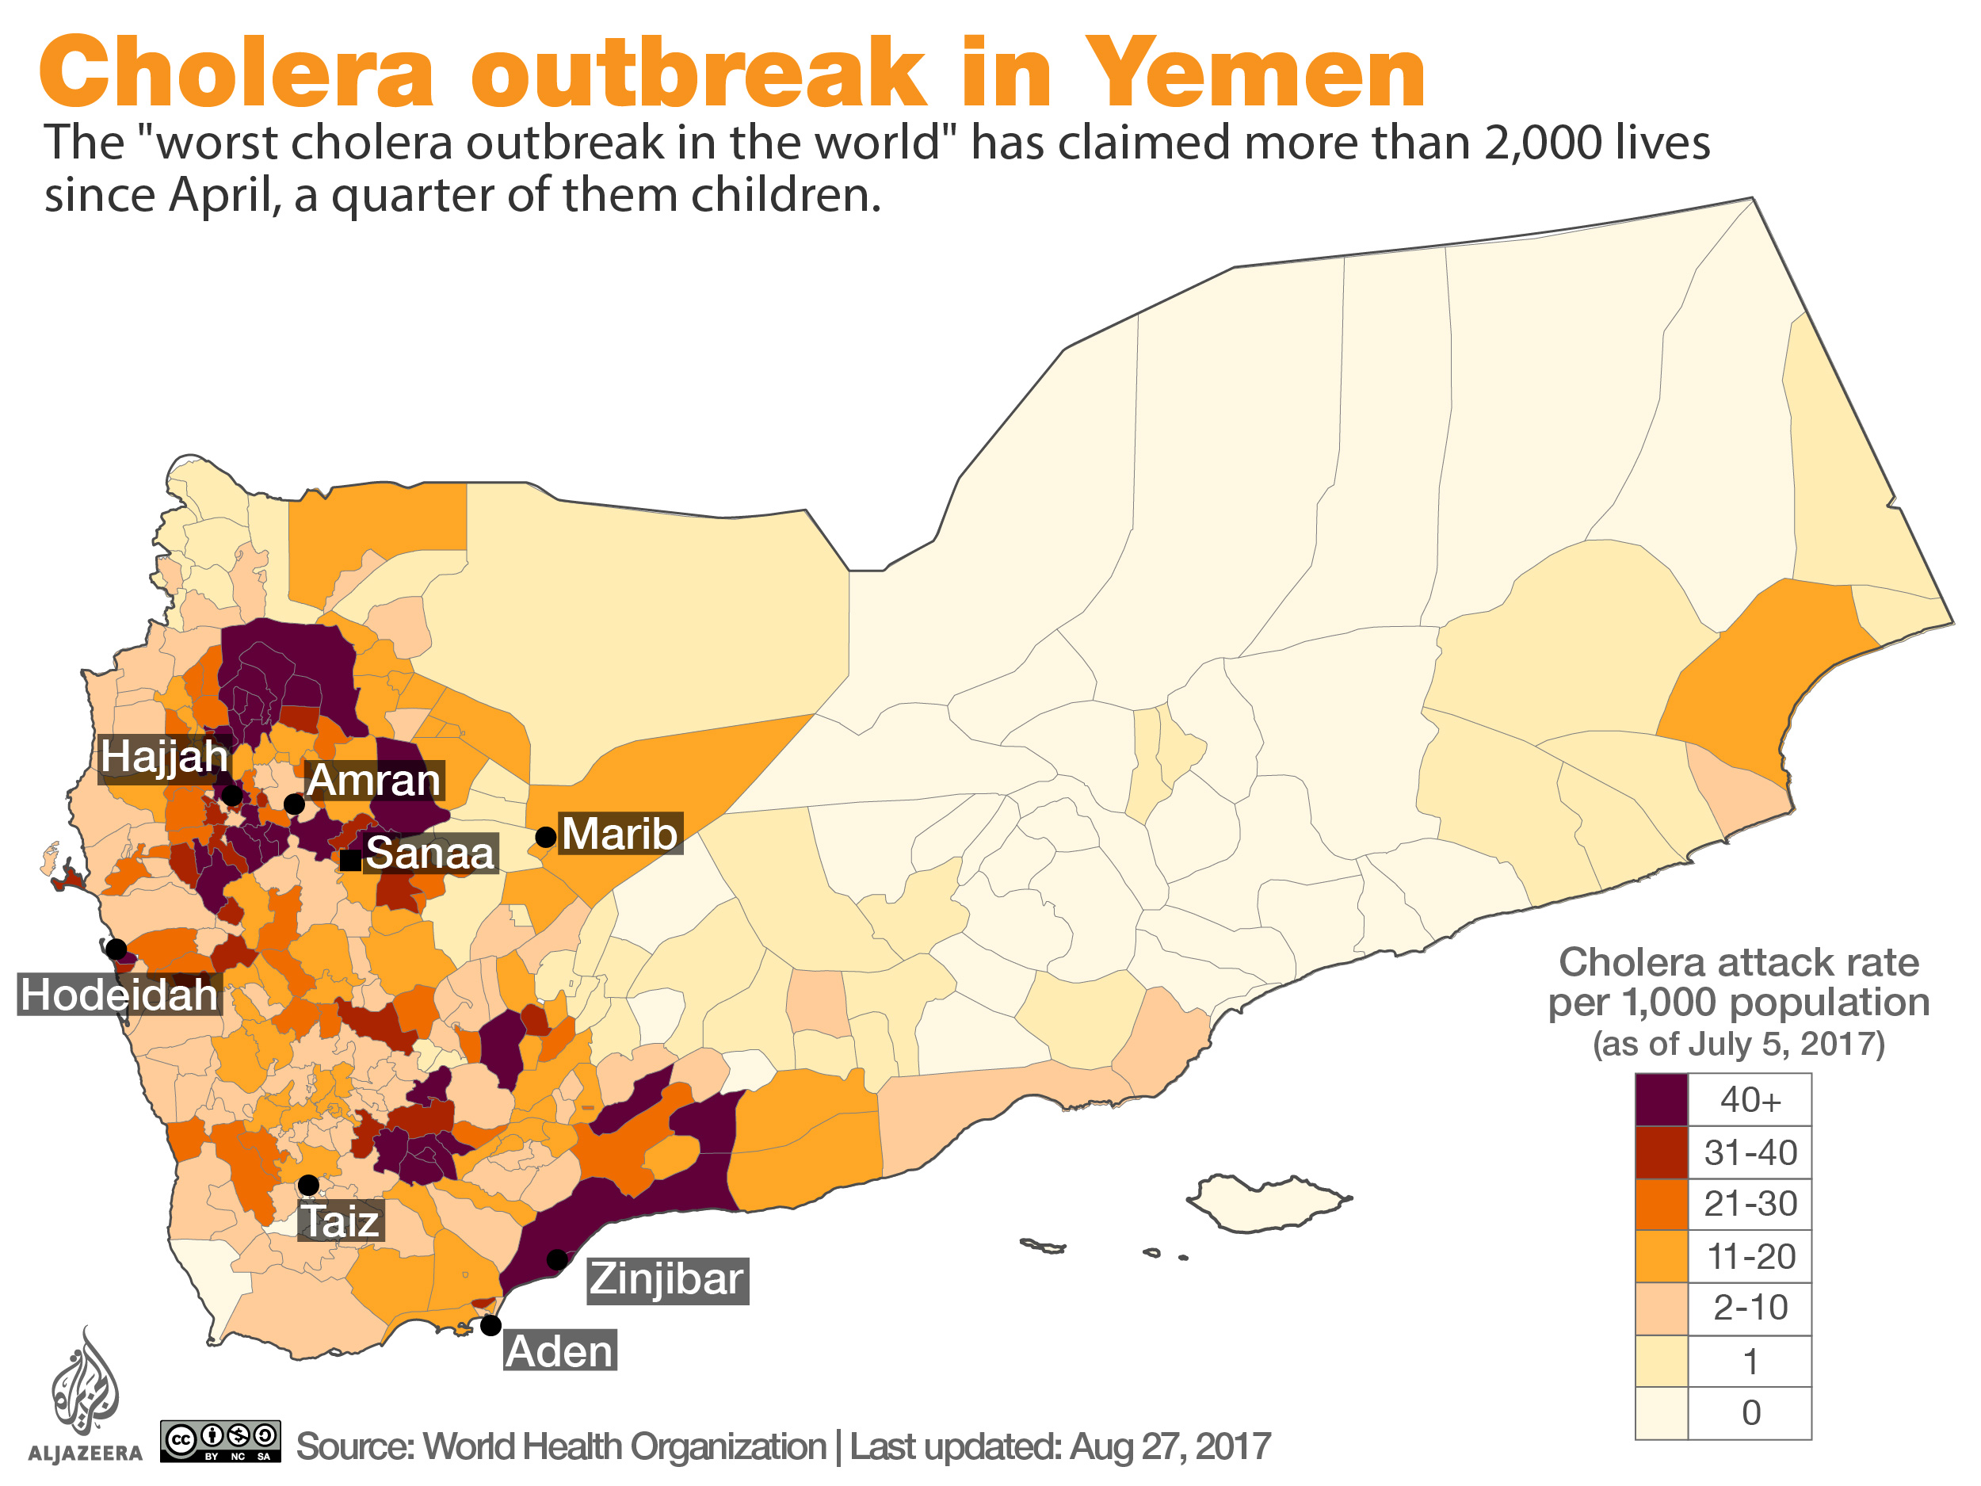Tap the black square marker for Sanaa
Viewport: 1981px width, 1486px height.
tap(350, 861)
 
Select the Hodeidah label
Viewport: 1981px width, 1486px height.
tap(119, 995)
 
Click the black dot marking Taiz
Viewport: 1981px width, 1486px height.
tap(308, 1185)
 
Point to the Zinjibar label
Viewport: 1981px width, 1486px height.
tap(666, 1279)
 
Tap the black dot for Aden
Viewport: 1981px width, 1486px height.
tap(490, 1325)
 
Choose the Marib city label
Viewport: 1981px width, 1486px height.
tap(620, 834)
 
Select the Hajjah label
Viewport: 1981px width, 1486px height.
tap(165, 756)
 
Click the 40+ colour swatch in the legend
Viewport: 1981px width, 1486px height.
tap(1662, 1099)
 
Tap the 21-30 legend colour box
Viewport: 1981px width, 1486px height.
tap(1662, 1204)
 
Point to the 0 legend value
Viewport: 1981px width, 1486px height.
tap(1751, 1412)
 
